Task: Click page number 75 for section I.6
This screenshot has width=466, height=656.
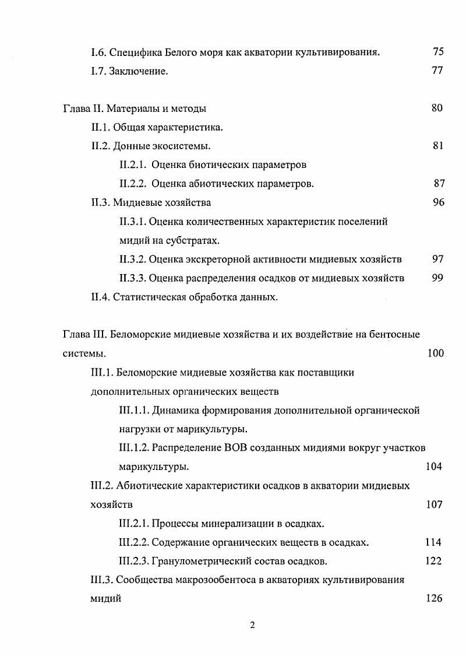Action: pyautogui.click(x=438, y=52)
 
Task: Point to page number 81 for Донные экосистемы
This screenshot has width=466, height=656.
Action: pyautogui.click(x=438, y=146)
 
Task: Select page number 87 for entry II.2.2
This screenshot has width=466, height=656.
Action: pyautogui.click(x=439, y=184)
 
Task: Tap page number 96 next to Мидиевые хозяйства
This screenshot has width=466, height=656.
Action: pyautogui.click(x=439, y=202)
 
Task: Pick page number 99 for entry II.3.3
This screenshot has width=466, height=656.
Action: pyautogui.click(x=438, y=278)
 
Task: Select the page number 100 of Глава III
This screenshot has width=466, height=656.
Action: pyautogui.click(x=435, y=353)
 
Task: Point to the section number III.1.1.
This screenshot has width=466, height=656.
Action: pyautogui.click(x=133, y=411)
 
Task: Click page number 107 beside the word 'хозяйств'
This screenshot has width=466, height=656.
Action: pyautogui.click(x=435, y=505)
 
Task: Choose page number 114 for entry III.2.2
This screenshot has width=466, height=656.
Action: pyautogui.click(x=433, y=542)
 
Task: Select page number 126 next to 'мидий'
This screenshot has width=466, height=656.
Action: pyautogui.click(x=434, y=599)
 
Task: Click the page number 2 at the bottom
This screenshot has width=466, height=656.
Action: pyautogui.click(x=252, y=626)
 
